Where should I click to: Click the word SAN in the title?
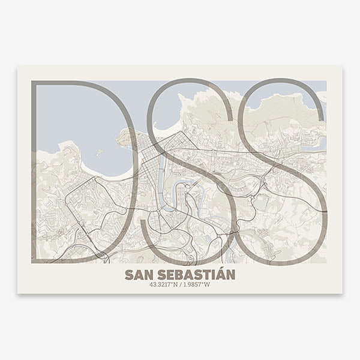coord(137,275)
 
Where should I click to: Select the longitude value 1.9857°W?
coord(197,284)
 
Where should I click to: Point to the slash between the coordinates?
coord(181,284)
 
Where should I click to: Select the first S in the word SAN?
coord(129,275)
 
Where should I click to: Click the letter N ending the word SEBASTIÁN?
coord(230,275)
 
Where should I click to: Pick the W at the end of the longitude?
coord(207,284)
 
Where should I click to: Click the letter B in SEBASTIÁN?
coord(177,275)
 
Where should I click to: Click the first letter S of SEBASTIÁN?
coord(158,275)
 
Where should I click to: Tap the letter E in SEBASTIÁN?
coord(167,275)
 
